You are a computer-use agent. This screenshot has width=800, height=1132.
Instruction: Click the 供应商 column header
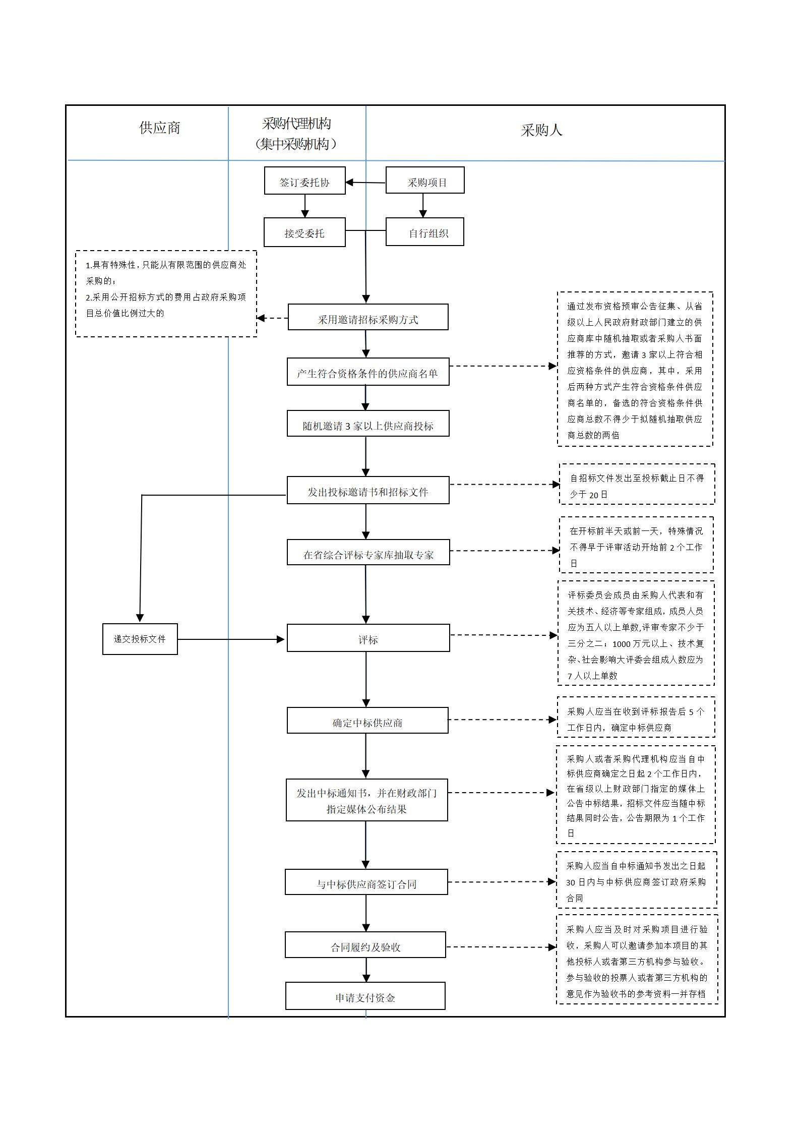pos(160,128)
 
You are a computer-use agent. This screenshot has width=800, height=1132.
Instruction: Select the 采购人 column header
pos(541,131)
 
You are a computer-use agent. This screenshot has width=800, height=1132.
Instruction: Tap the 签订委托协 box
pos(304,181)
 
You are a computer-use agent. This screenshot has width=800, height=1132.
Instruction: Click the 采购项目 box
pos(425,181)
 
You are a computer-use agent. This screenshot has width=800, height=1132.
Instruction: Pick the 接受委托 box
pos(304,232)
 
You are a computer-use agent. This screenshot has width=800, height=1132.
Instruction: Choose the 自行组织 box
pos(425,232)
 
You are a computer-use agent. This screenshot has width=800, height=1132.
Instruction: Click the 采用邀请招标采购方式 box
pos(368,318)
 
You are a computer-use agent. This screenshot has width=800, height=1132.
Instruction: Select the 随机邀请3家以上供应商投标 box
pos(368,424)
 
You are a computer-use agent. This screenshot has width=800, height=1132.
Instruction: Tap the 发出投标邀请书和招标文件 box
pos(368,491)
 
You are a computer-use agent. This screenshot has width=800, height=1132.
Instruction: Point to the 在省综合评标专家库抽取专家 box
pos(368,553)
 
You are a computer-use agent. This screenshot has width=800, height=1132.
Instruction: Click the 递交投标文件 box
pos(140,639)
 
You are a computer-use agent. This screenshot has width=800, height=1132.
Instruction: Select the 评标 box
pos(368,638)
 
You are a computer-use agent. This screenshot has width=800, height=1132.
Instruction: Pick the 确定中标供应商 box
pos(367,721)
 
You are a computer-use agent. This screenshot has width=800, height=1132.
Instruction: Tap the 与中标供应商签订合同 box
pos(366,882)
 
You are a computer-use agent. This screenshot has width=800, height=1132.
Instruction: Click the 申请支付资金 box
pos(365,996)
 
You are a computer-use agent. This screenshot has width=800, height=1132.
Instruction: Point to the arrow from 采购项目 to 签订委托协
pos(365,183)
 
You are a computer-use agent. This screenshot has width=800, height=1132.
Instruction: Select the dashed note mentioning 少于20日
pos(637,485)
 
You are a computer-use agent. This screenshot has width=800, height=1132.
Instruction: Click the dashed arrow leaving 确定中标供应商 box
pos(502,720)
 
